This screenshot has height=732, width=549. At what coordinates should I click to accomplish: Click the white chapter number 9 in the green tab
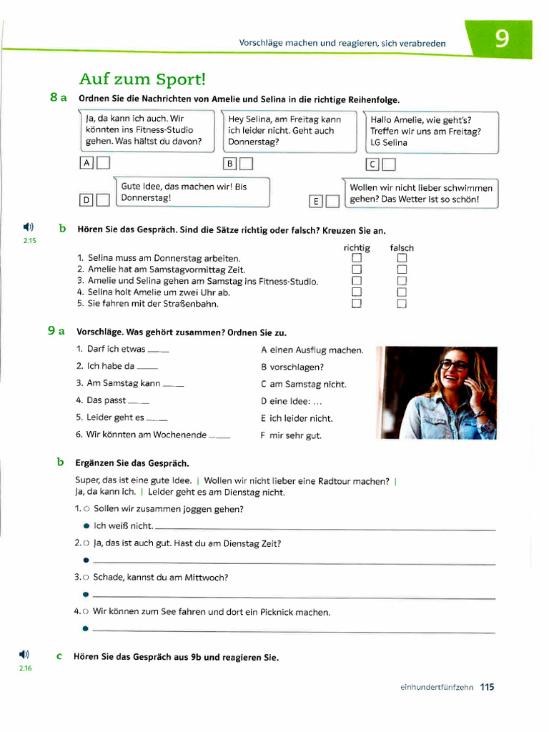[503, 39]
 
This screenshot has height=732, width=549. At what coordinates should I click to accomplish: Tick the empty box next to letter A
[104, 164]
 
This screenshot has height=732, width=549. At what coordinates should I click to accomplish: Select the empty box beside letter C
[389, 165]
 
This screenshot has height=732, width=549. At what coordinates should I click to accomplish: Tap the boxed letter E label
[315, 202]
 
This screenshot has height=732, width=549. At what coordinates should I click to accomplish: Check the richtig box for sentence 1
[357, 258]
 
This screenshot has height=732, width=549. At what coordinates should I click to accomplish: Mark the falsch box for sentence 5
[402, 304]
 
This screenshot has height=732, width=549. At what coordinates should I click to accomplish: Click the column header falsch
[402, 248]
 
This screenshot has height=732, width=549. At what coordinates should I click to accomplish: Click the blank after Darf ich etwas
[158, 350]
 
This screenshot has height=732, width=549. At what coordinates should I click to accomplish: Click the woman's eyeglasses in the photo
[454, 365]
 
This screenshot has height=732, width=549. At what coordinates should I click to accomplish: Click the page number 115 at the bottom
[487, 687]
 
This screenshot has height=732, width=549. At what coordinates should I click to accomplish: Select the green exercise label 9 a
[57, 331]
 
